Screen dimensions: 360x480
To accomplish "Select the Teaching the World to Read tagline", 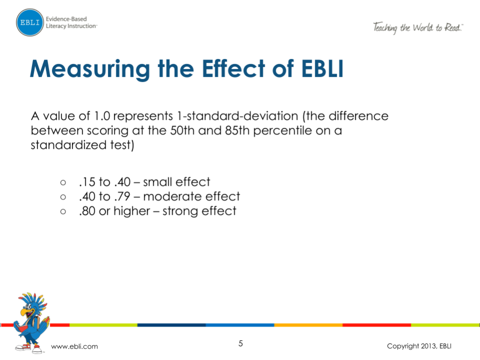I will [418, 28].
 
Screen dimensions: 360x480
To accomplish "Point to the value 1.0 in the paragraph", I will [102, 116].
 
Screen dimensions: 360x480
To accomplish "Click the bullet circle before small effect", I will [63, 182].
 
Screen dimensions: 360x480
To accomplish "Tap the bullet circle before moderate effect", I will [63, 197].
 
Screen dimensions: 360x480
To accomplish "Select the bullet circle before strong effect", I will [63, 211].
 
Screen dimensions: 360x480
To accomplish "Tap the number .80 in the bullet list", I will [87, 211].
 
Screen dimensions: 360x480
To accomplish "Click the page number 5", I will [241, 343].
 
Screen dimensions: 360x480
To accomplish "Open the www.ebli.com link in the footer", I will [75, 346].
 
